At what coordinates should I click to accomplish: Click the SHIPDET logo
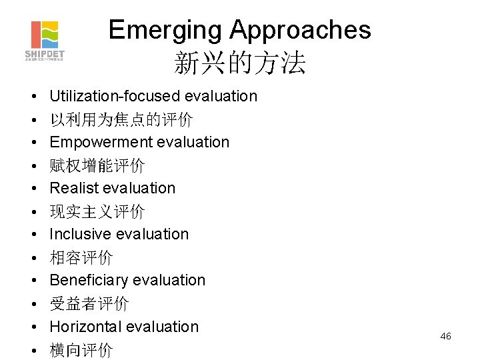click(x=45, y=39)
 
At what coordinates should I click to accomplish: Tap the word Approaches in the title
click(x=300, y=30)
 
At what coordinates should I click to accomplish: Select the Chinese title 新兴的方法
click(x=239, y=63)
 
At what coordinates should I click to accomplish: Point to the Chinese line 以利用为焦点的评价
click(x=121, y=120)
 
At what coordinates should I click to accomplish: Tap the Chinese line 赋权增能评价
click(x=97, y=165)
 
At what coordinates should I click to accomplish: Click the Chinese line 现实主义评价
click(x=97, y=212)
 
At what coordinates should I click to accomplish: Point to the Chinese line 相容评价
click(x=81, y=258)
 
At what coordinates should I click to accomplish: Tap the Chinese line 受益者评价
click(x=89, y=304)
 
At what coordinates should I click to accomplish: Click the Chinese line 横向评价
click(x=81, y=350)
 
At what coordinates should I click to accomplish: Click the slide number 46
click(x=445, y=336)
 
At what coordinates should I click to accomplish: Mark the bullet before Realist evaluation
click(x=33, y=189)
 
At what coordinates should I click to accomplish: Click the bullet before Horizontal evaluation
click(x=33, y=327)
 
